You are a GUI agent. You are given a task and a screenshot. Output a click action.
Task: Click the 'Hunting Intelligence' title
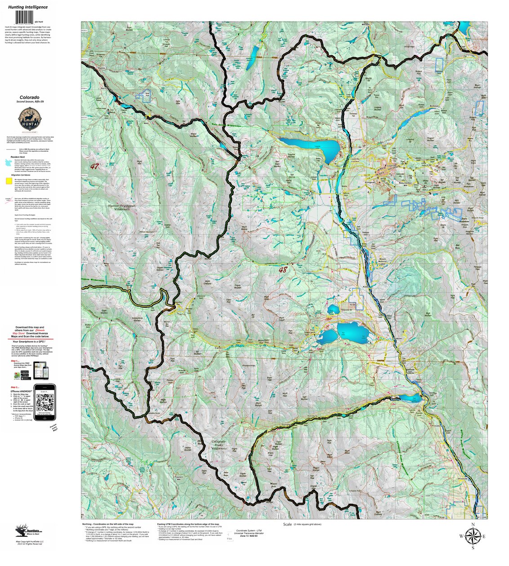tap(27, 7)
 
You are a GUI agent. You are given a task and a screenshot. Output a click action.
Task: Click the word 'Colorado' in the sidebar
tap(29, 97)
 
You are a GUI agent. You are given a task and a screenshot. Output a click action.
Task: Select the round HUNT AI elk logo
tap(29, 120)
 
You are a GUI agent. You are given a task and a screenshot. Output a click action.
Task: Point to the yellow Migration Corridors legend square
tap(9, 181)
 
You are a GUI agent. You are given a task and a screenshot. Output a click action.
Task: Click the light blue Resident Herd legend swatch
tap(9, 161)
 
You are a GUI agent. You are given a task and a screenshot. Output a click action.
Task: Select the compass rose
tap(473, 536)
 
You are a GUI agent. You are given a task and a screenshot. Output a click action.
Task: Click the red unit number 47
tap(94, 166)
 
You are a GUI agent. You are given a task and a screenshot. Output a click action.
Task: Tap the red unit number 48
tap(282, 270)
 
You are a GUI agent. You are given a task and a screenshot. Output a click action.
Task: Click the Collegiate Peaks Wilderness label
tap(219, 445)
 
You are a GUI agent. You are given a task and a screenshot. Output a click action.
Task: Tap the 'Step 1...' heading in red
tap(15, 361)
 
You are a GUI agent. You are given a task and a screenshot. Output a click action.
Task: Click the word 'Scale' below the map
tap(288, 524)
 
